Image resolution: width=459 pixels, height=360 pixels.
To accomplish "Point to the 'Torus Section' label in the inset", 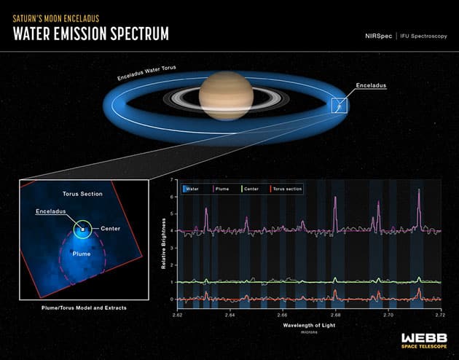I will coord(82,195).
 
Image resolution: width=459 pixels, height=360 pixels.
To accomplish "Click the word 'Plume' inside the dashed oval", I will coord(82,255).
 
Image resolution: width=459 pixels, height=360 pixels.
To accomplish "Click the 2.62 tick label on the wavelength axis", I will coord(177,316).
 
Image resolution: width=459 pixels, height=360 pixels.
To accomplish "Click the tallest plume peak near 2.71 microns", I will coord(419,191).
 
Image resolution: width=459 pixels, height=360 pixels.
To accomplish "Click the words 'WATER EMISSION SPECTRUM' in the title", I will coord(91,34).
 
